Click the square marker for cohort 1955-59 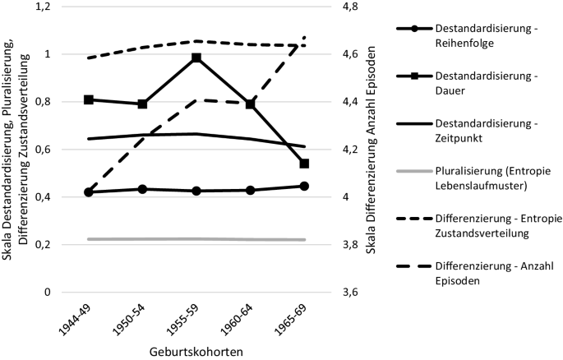coord(196,58)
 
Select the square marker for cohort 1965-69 coord(304,164)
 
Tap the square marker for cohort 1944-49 coord(89,99)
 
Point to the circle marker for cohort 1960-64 coord(251,190)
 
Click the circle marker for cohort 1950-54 coord(142,189)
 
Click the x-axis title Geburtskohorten coord(196,350)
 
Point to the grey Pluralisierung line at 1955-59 coord(196,238)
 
